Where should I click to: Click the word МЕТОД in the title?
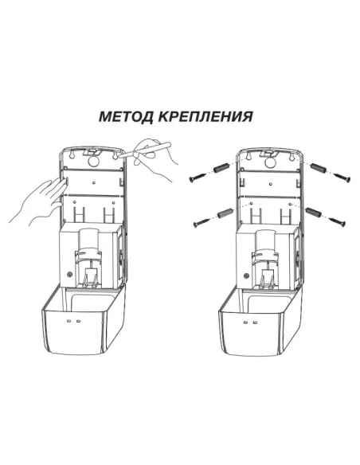(123, 116)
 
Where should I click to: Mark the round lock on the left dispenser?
(68, 275)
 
